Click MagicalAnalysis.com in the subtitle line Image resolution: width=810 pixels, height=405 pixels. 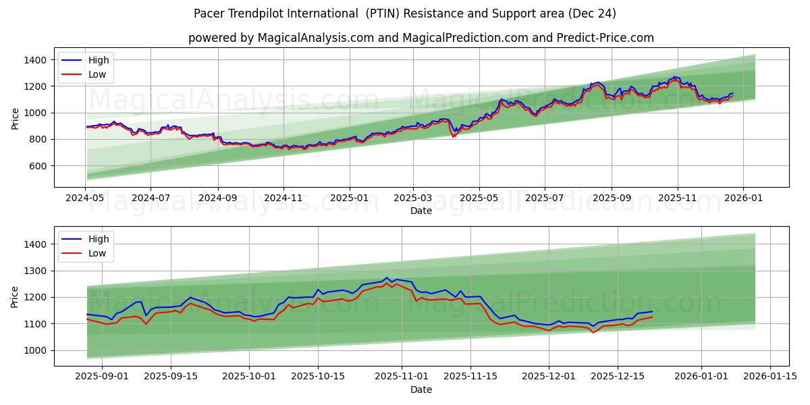pos(316,38)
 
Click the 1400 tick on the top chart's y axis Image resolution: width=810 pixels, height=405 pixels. pos(34,60)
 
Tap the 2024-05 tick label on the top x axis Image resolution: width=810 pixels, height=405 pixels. pos(86,198)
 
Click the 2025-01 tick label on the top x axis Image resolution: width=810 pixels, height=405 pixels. pos(350,198)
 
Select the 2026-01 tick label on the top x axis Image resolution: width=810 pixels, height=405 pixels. pos(743,198)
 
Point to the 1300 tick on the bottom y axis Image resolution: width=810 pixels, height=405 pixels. pos(34,271)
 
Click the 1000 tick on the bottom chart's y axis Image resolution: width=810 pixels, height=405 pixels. pos(34,350)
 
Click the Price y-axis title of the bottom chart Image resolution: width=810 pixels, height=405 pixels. pos(15,296)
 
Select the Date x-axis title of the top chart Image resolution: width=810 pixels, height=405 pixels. pos(421,211)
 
